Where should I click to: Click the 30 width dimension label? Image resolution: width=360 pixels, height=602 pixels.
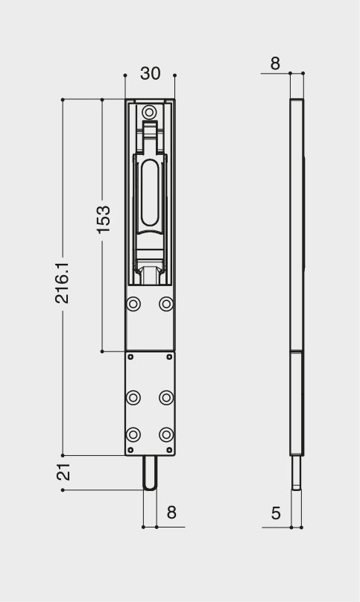[151, 73]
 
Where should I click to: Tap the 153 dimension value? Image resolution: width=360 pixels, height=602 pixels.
[104, 220]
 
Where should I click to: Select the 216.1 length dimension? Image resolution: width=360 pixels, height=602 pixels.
[63, 283]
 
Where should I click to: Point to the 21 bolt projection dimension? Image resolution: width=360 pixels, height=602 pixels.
[64, 472]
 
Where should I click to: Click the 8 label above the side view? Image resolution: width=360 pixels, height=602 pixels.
[275, 64]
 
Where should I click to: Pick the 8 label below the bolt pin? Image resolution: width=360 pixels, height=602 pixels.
[171, 513]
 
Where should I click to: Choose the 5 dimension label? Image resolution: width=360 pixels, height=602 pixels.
[276, 513]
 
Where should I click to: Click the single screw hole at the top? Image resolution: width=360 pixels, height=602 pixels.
[149, 113]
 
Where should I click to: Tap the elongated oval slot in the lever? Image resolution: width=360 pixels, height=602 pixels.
[150, 194]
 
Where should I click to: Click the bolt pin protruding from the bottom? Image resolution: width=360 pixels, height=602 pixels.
[150, 473]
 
